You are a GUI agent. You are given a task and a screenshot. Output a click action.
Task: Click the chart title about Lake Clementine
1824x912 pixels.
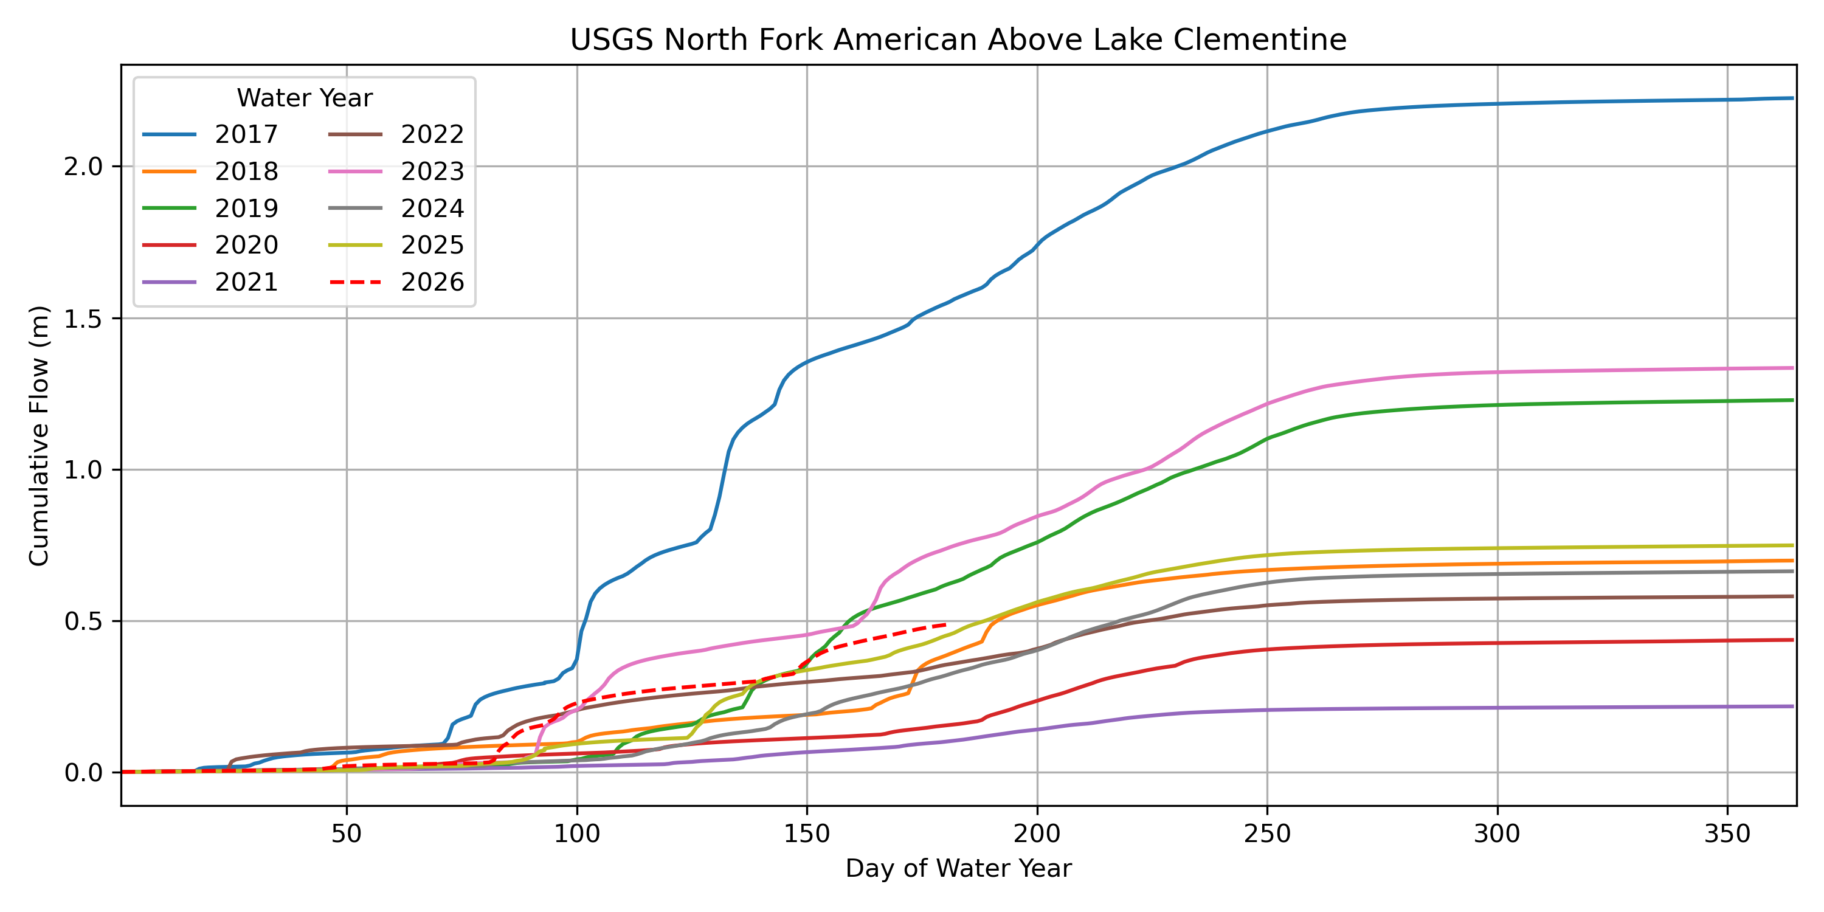coord(958,40)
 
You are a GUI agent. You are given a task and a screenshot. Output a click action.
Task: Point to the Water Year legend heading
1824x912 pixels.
coord(305,98)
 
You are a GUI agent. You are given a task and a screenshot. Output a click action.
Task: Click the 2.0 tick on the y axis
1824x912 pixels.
coord(83,167)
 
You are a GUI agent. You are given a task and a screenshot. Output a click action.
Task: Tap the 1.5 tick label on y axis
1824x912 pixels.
coord(83,319)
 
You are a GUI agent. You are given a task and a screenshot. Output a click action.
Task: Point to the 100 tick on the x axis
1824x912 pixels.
coord(576,834)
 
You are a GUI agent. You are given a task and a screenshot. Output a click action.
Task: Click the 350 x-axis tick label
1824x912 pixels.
coord(1727,834)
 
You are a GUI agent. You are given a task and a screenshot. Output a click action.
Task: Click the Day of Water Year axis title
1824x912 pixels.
coord(958,868)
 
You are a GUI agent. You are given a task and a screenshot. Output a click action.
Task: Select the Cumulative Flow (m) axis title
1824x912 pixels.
coord(39,435)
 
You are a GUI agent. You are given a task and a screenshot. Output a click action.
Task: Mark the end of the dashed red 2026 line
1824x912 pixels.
coord(945,624)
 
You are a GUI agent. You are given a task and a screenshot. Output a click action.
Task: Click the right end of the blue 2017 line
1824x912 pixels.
coord(1793,98)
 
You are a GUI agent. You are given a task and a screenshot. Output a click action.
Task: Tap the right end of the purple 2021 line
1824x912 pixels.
coord(1793,706)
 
